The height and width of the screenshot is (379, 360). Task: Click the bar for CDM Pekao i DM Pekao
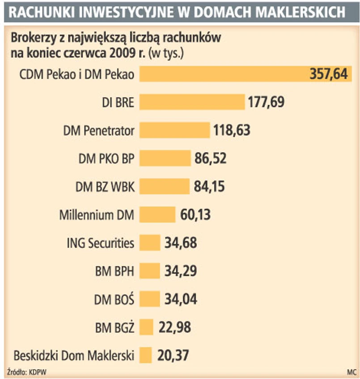[224, 74]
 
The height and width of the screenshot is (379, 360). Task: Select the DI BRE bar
[192, 102]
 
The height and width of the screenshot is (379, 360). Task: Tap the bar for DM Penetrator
[174, 130]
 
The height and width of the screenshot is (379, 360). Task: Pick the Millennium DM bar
[157, 214]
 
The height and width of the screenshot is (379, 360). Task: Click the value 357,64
[328, 74]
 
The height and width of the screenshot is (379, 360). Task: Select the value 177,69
[266, 102]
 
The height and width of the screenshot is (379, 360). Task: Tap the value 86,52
[210, 158]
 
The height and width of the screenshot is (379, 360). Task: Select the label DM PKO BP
[106, 158]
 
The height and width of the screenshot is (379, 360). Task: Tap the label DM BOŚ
[114, 299]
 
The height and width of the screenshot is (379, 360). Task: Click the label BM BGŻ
[115, 327]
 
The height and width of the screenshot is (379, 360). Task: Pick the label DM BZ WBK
[105, 186]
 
